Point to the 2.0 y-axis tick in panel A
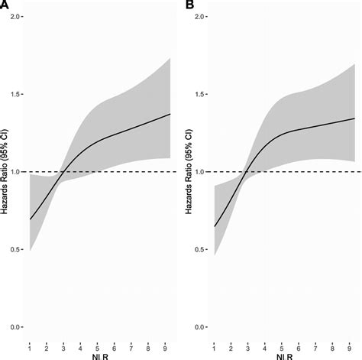(15, 16)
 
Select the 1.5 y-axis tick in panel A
(15, 94)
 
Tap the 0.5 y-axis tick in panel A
(15, 249)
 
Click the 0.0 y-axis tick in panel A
(15, 327)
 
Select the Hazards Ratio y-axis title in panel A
(5, 172)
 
